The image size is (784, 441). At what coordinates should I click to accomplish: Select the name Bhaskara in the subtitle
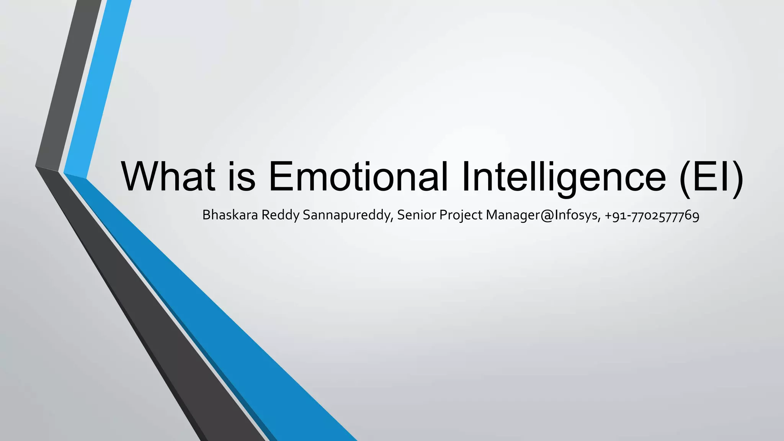pos(230,215)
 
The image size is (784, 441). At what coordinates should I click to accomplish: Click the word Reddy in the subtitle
pos(280,216)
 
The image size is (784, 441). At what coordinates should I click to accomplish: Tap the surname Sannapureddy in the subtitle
pos(348,216)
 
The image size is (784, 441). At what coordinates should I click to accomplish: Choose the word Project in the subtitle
pos(461,216)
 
